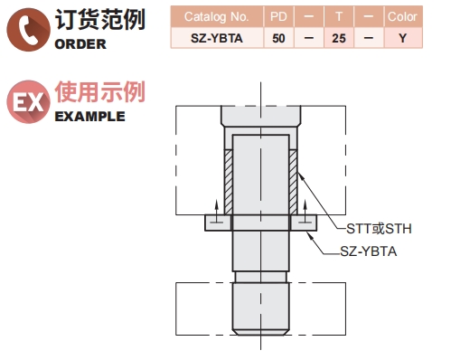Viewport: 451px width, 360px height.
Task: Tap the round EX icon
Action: point(28,102)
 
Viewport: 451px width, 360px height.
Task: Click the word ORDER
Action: point(81,44)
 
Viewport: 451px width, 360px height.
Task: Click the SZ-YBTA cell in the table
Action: point(217,37)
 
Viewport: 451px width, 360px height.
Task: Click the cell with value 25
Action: point(338,37)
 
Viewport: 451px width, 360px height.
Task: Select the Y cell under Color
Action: point(401,37)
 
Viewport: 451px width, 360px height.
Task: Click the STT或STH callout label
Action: point(381,227)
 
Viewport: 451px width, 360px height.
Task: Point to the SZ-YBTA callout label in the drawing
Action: point(369,251)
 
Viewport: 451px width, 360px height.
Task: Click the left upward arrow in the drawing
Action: point(215,212)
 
